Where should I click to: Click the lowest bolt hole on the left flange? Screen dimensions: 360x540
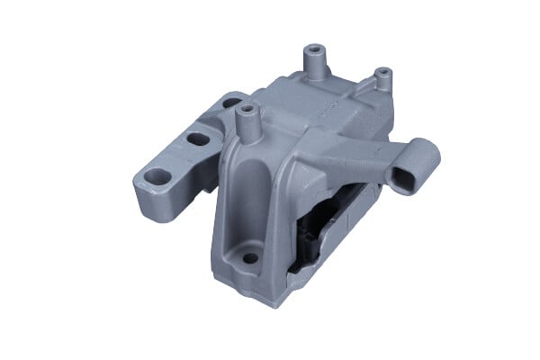click(158, 177)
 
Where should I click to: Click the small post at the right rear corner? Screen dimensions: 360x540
click(381, 73)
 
